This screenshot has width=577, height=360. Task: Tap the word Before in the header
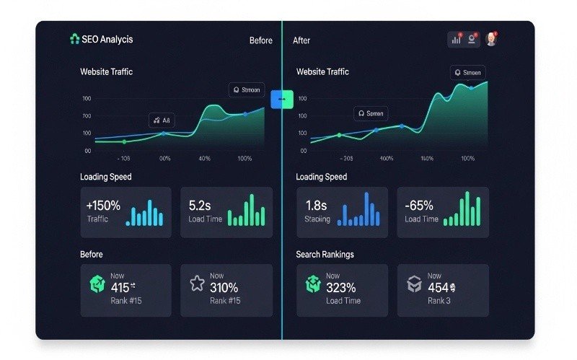(260, 40)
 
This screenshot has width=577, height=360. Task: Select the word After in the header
(301, 40)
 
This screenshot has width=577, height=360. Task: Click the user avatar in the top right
(491, 40)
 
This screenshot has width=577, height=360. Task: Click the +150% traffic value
(103, 206)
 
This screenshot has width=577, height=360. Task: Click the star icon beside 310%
(197, 283)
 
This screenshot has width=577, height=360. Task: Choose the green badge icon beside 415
(97, 284)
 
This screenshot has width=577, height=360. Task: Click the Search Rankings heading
(325, 255)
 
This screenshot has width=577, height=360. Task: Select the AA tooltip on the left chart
(162, 120)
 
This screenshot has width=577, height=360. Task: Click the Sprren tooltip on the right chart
(371, 113)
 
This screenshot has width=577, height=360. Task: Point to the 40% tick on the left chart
(205, 158)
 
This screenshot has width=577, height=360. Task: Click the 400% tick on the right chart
(387, 158)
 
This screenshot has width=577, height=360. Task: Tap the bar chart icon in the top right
(456, 40)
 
